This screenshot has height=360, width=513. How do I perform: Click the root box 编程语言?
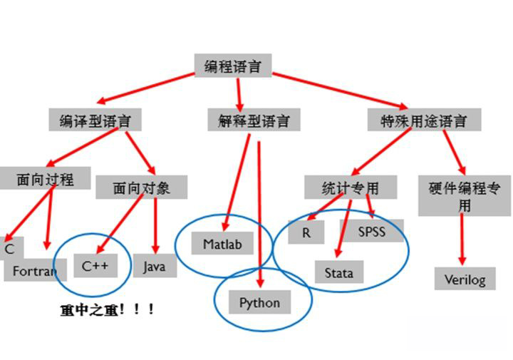pos(232,66)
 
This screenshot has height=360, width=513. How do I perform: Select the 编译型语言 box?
pos(95,120)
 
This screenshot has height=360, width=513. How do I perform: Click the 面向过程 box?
pos(45,179)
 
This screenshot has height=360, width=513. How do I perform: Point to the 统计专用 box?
pos(341,187)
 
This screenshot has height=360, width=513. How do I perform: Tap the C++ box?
pos(95,267)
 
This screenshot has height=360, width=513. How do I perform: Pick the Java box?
pos(154,267)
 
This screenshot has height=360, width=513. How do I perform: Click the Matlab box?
pos(222,245)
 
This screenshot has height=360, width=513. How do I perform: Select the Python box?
pos(259,303)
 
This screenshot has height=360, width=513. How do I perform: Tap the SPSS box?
pos(370,231)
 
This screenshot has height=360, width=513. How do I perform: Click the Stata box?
pos(338,272)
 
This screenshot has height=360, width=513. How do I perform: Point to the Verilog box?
pos(465,279)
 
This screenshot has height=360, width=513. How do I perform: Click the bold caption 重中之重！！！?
pos(107,310)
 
